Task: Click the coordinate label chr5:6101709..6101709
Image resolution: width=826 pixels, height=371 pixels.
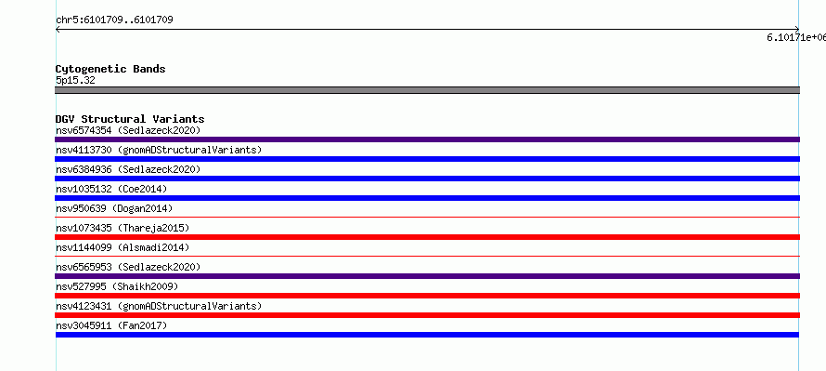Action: tap(114, 20)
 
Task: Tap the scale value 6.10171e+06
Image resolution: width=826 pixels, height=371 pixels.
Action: tap(796, 37)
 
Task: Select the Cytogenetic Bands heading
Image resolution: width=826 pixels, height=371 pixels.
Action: tap(110, 69)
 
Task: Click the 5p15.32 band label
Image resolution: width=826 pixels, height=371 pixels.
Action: tap(75, 80)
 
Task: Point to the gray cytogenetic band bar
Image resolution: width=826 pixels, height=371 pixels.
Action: tap(427, 90)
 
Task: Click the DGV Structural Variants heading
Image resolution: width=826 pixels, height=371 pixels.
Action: tap(130, 119)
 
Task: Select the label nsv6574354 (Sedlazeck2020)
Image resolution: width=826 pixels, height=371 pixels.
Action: tap(128, 130)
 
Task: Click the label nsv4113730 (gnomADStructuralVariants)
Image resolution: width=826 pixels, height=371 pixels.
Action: tap(159, 150)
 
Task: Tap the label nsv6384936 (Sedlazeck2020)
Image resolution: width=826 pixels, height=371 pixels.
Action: tap(128, 169)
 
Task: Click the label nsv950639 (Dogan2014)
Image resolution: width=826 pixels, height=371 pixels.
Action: tap(114, 208)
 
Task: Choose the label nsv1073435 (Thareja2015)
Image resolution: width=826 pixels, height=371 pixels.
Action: tap(123, 228)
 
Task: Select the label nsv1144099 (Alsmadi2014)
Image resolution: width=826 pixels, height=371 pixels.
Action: tap(123, 247)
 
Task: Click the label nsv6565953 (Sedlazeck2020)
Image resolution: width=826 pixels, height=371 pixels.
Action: tap(128, 267)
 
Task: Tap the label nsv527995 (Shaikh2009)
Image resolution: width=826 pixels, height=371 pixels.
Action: tap(117, 286)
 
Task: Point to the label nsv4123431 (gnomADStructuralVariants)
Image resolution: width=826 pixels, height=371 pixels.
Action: tap(159, 306)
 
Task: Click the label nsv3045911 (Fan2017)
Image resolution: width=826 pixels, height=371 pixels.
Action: tap(111, 325)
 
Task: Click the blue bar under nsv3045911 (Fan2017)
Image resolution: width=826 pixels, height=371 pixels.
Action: tap(427, 335)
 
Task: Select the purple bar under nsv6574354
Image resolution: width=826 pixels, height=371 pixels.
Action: tap(427, 139)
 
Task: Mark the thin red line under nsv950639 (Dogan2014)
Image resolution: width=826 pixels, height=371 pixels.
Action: tap(427, 217)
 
